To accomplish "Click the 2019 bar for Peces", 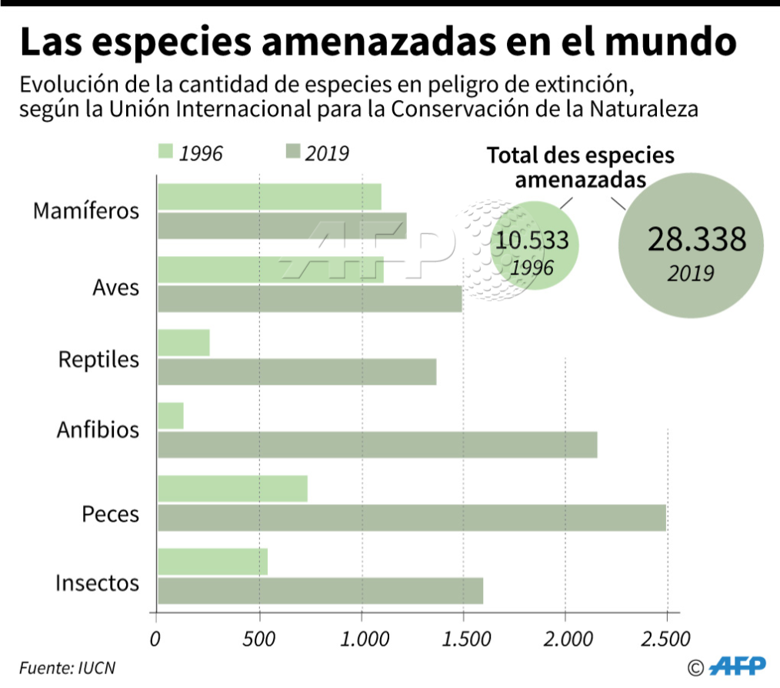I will [412, 518].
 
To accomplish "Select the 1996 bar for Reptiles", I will [184, 343].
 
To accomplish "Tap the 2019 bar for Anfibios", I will [377, 446].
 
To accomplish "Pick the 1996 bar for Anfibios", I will [171, 416].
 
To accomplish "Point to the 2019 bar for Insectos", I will [320, 591].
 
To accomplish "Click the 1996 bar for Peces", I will [232, 489].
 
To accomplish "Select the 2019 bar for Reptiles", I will [297, 372].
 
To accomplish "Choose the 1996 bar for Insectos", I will [212, 562].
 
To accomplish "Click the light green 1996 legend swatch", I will [165, 152].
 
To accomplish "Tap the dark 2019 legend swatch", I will [292, 152].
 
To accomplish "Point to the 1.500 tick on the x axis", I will [463, 640].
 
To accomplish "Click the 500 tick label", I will [259, 640].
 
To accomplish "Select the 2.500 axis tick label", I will [666, 640].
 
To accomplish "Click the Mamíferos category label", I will [86, 211].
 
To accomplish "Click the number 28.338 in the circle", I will [696, 239].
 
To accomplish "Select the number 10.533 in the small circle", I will [532, 240].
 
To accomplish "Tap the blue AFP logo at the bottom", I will [736, 666].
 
